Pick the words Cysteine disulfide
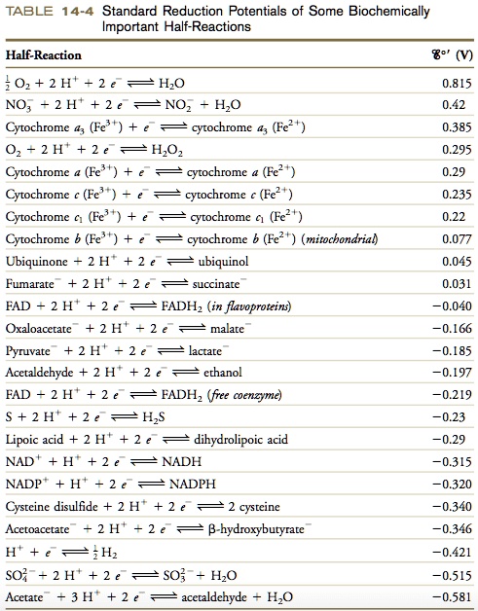tap(50, 507)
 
